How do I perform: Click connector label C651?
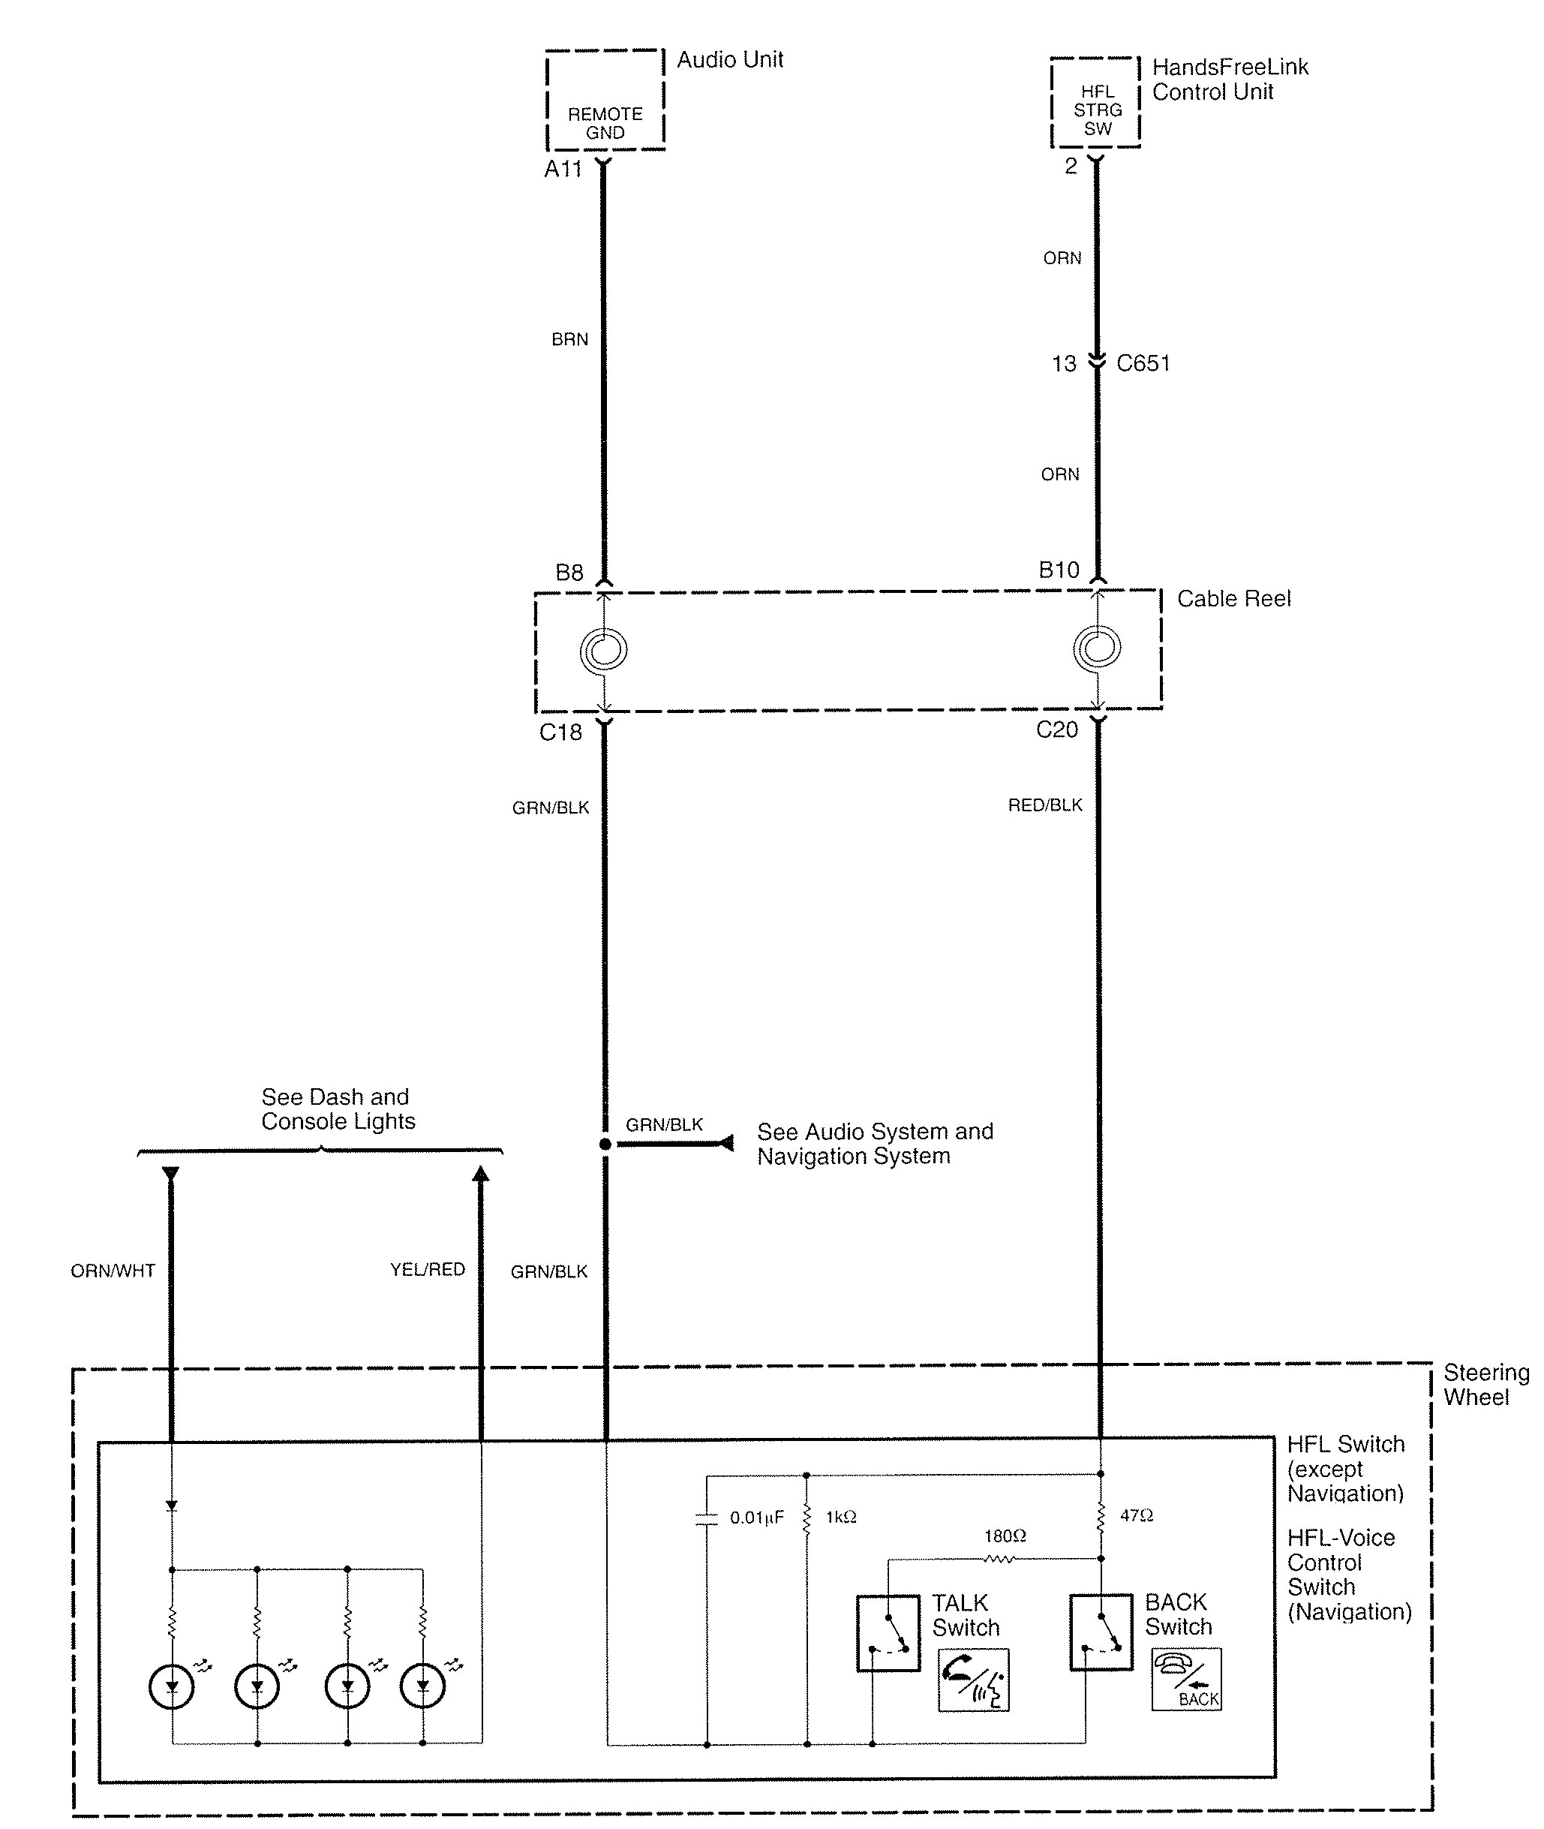click(1143, 363)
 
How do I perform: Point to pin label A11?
click(563, 169)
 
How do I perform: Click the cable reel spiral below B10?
click(1097, 648)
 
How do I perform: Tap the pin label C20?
click(1056, 730)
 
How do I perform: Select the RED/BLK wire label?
click(1045, 805)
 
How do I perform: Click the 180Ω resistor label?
click(1005, 1536)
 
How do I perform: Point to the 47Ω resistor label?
click(1136, 1515)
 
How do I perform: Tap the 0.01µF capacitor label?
click(757, 1518)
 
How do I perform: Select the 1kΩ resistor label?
click(841, 1518)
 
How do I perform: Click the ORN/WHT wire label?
click(113, 1271)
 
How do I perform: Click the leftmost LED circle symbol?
click(173, 1687)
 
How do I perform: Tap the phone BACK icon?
click(1186, 1680)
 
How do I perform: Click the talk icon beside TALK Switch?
click(973, 1680)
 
